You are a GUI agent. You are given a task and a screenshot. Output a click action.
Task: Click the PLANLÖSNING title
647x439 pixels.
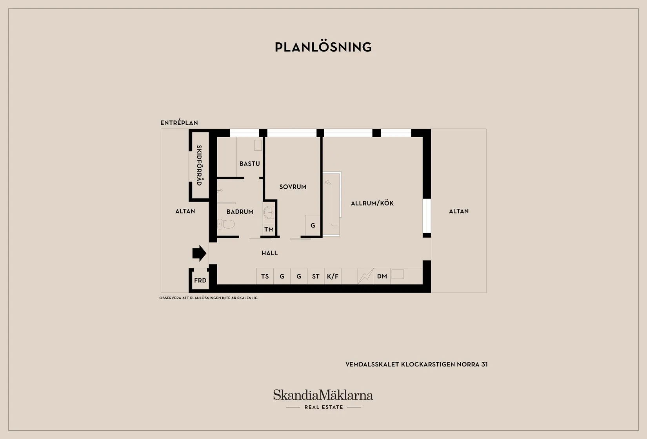[323, 47]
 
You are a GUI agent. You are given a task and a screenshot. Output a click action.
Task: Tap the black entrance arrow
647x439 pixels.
[199, 253]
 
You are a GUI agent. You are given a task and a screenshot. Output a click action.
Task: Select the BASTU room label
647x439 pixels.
[249, 164]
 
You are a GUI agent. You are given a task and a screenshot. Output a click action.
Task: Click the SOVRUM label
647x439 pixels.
[293, 187]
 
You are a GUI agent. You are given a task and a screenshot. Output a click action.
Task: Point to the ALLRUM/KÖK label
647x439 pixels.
[372, 204]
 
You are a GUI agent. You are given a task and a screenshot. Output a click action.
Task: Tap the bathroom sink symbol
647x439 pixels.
[269, 213]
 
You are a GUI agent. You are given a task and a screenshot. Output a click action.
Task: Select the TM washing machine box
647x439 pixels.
[269, 230]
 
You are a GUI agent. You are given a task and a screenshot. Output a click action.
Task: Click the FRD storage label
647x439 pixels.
[200, 281]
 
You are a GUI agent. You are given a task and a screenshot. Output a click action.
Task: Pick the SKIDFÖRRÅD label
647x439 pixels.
[199, 165]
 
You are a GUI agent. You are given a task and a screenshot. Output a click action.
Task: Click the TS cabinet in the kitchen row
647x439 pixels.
[265, 276]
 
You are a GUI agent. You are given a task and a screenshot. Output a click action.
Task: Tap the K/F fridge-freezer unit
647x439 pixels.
[333, 276]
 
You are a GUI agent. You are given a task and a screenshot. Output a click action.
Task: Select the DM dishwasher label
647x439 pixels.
[382, 276]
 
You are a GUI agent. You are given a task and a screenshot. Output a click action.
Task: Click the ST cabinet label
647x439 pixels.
[316, 277]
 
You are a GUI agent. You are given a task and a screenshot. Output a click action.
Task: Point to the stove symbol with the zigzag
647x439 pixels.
[366, 276]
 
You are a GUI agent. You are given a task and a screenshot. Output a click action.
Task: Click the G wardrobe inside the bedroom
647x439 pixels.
[313, 226]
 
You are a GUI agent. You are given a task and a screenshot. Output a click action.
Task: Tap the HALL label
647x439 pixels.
[269, 253]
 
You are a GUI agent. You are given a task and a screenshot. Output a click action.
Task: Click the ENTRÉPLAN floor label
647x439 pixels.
[179, 123]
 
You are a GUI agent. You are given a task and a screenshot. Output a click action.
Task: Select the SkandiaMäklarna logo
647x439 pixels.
[323, 399]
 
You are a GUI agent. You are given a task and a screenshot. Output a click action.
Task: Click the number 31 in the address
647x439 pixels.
[484, 364]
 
